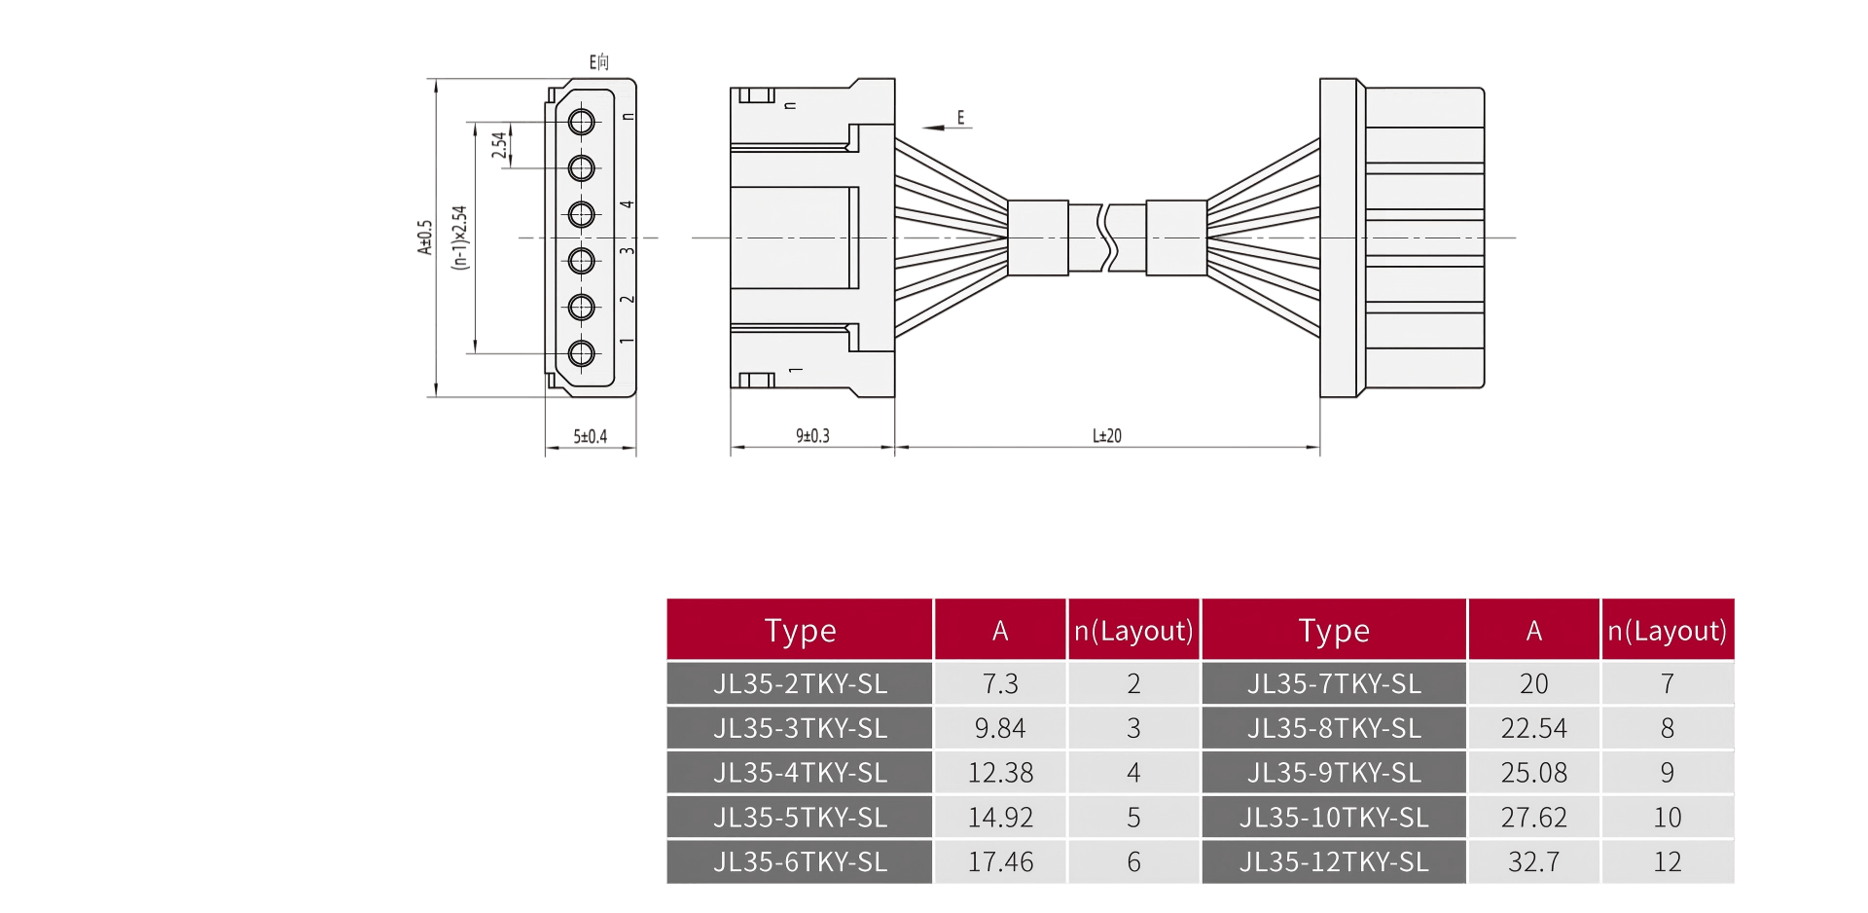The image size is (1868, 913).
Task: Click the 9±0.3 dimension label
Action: [812, 436]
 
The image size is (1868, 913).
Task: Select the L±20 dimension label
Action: [1107, 436]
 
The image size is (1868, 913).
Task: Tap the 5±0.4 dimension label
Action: [590, 437]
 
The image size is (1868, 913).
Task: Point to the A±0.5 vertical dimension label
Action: [424, 237]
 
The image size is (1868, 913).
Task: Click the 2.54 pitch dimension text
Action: [499, 145]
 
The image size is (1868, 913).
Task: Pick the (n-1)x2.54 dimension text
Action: [459, 237]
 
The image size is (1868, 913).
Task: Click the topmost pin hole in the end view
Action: [582, 122]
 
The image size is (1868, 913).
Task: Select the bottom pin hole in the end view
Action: [582, 353]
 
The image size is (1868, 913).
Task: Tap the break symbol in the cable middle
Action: [1107, 237]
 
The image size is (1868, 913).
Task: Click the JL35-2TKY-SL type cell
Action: [800, 683]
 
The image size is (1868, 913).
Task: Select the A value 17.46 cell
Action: [1000, 861]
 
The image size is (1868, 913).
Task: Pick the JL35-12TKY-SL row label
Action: [1334, 861]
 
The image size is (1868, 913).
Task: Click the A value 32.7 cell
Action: [1533, 861]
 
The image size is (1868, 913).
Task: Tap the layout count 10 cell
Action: [1668, 818]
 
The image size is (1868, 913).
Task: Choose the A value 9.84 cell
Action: [1000, 728]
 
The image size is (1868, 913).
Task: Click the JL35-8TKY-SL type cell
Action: [1334, 728]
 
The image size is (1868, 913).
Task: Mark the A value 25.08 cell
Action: [1533, 773]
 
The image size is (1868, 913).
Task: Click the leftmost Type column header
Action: [800, 630]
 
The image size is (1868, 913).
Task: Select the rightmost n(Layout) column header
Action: [1668, 630]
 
